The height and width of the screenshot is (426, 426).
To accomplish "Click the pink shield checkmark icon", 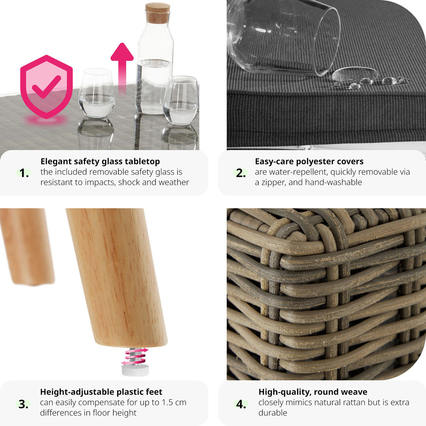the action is point(46,86).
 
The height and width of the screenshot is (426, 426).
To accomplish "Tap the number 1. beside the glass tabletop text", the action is point(24,173).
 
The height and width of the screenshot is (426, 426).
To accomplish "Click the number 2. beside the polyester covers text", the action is point(241,173).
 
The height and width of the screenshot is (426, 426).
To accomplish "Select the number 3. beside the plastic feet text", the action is point(23,404).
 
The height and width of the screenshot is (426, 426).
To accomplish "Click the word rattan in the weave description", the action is point(355,403).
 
